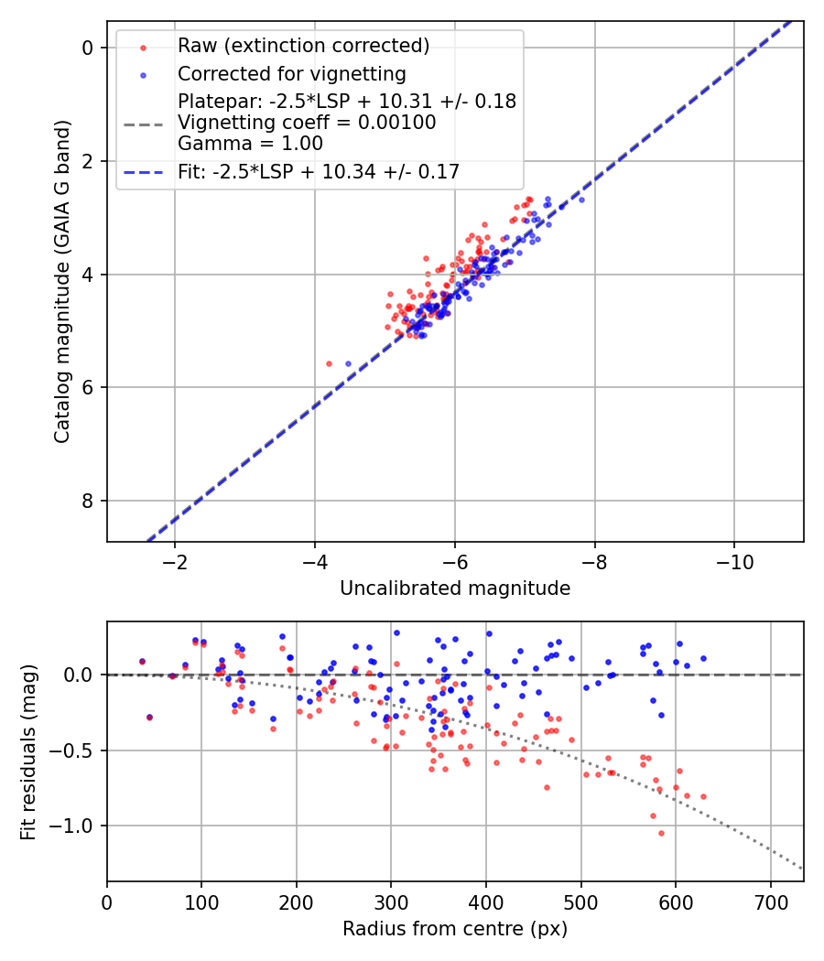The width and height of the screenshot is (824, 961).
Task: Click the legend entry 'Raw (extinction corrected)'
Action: pyautogui.click(x=303, y=46)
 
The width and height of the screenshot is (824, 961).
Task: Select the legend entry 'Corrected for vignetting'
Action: pyautogui.click(x=291, y=73)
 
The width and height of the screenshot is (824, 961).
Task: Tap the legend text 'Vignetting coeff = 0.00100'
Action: pyautogui.click(x=307, y=122)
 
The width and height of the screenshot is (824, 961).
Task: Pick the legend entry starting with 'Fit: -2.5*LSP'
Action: pyautogui.click(x=318, y=171)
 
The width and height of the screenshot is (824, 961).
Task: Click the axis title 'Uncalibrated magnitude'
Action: pyautogui.click(x=455, y=588)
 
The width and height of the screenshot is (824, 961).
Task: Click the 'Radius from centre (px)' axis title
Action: pyautogui.click(x=455, y=929)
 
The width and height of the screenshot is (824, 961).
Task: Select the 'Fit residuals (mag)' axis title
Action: pyautogui.click(x=28, y=750)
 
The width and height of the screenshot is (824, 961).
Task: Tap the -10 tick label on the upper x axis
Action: pyautogui.click(x=734, y=561)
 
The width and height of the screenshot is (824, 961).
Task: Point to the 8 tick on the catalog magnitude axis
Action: pyautogui.click(x=89, y=501)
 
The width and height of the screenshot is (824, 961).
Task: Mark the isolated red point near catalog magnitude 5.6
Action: pyautogui.click(x=329, y=363)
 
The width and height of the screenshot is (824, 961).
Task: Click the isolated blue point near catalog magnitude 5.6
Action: pyautogui.click(x=348, y=363)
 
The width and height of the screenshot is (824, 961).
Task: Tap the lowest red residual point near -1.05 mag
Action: pyautogui.click(x=661, y=833)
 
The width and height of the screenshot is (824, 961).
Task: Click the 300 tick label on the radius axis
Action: pyautogui.click(x=391, y=902)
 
